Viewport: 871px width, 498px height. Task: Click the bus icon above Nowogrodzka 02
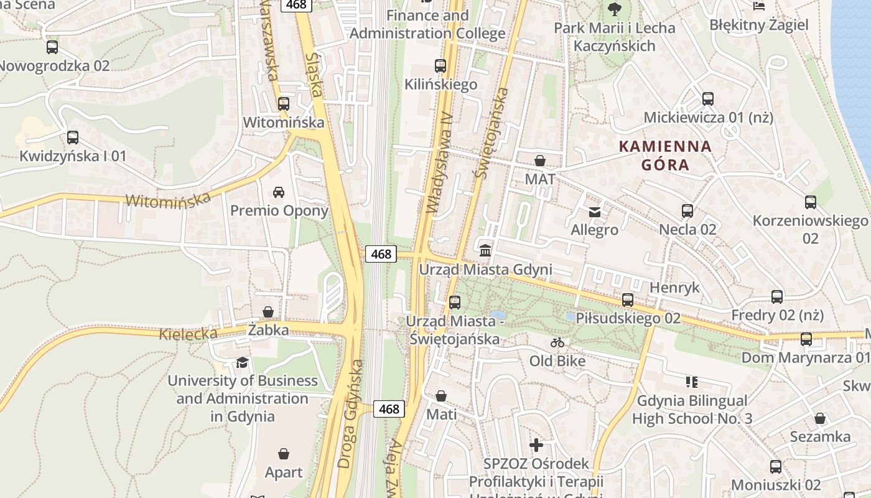(52, 47)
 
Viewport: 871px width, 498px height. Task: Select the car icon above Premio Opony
(279, 192)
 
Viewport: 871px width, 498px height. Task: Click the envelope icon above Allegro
(595, 212)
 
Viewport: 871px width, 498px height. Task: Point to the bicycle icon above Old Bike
(557, 342)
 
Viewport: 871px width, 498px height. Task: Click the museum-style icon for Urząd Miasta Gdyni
(485, 250)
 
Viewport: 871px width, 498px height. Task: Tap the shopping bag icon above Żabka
(268, 311)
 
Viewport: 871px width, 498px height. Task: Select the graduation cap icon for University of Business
(242, 362)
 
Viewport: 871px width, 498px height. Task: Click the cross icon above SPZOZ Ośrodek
(536, 445)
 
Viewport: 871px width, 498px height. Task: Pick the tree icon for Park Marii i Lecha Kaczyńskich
(614, 9)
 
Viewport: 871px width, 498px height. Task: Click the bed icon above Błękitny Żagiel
(759, 6)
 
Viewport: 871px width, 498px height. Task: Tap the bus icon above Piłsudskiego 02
(628, 300)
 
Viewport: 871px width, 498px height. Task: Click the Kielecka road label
(188, 334)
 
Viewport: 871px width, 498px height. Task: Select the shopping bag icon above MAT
(540, 161)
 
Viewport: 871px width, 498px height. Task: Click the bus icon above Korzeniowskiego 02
(810, 202)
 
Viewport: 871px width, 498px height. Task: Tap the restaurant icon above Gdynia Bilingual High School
(691, 382)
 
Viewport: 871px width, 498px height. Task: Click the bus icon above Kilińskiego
(440, 66)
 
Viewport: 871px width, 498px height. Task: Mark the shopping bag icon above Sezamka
(820, 418)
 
